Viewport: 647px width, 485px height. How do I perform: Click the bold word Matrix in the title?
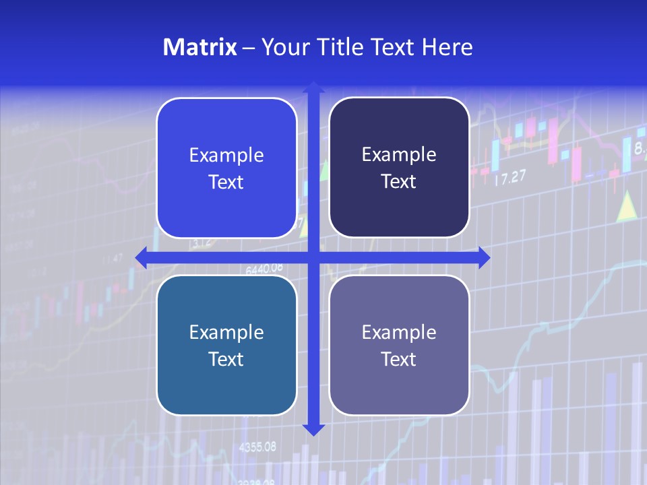click(200, 47)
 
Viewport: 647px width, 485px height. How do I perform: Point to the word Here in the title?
click(447, 47)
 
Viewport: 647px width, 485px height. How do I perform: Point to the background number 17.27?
click(510, 179)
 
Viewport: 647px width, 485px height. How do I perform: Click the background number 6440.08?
click(264, 269)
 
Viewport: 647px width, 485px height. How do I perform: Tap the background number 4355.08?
click(257, 447)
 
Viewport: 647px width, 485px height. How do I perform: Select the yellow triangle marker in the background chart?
click(627, 206)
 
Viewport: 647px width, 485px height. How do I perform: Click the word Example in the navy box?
click(399, 154)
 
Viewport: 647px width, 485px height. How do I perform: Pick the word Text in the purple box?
click(399, 359)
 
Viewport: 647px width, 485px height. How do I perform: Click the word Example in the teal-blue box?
click(226, 332)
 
